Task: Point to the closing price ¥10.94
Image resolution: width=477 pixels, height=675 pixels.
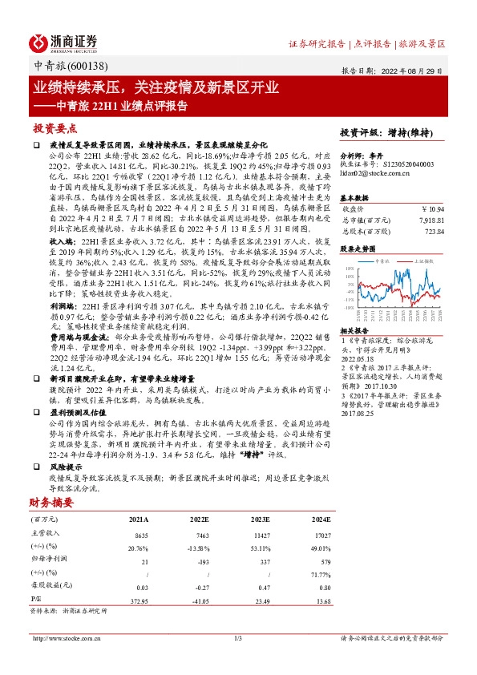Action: click(x=431, y=208)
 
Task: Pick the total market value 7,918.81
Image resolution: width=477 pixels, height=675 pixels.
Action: click(x=429, y=219)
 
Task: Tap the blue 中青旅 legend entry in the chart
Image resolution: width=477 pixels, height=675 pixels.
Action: click(x=384, y=261)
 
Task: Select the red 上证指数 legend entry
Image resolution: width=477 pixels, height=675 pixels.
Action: click(x=419, y=261)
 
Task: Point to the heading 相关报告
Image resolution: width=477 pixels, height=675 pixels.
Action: click(x=355, y=329)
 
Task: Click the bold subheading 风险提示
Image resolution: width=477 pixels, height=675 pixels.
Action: click(x=67, y=465)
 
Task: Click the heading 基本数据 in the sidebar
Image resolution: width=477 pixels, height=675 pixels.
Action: click(x=355, y=196)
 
